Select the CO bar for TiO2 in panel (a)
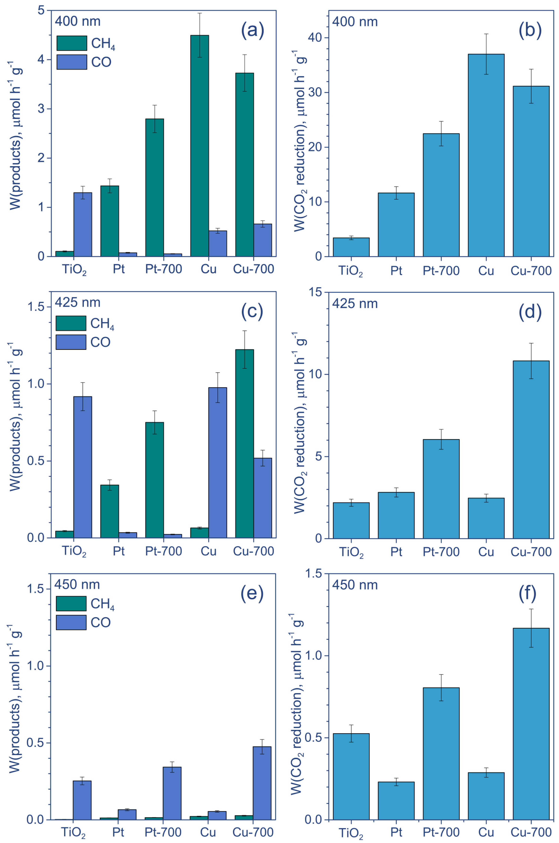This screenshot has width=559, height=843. [83, 225]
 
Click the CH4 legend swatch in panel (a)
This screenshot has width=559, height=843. [72, 43]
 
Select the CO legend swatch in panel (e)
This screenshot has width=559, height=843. [71, 622]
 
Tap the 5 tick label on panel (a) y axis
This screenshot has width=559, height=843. [41, 11]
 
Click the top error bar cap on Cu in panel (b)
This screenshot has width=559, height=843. [486, 34]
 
